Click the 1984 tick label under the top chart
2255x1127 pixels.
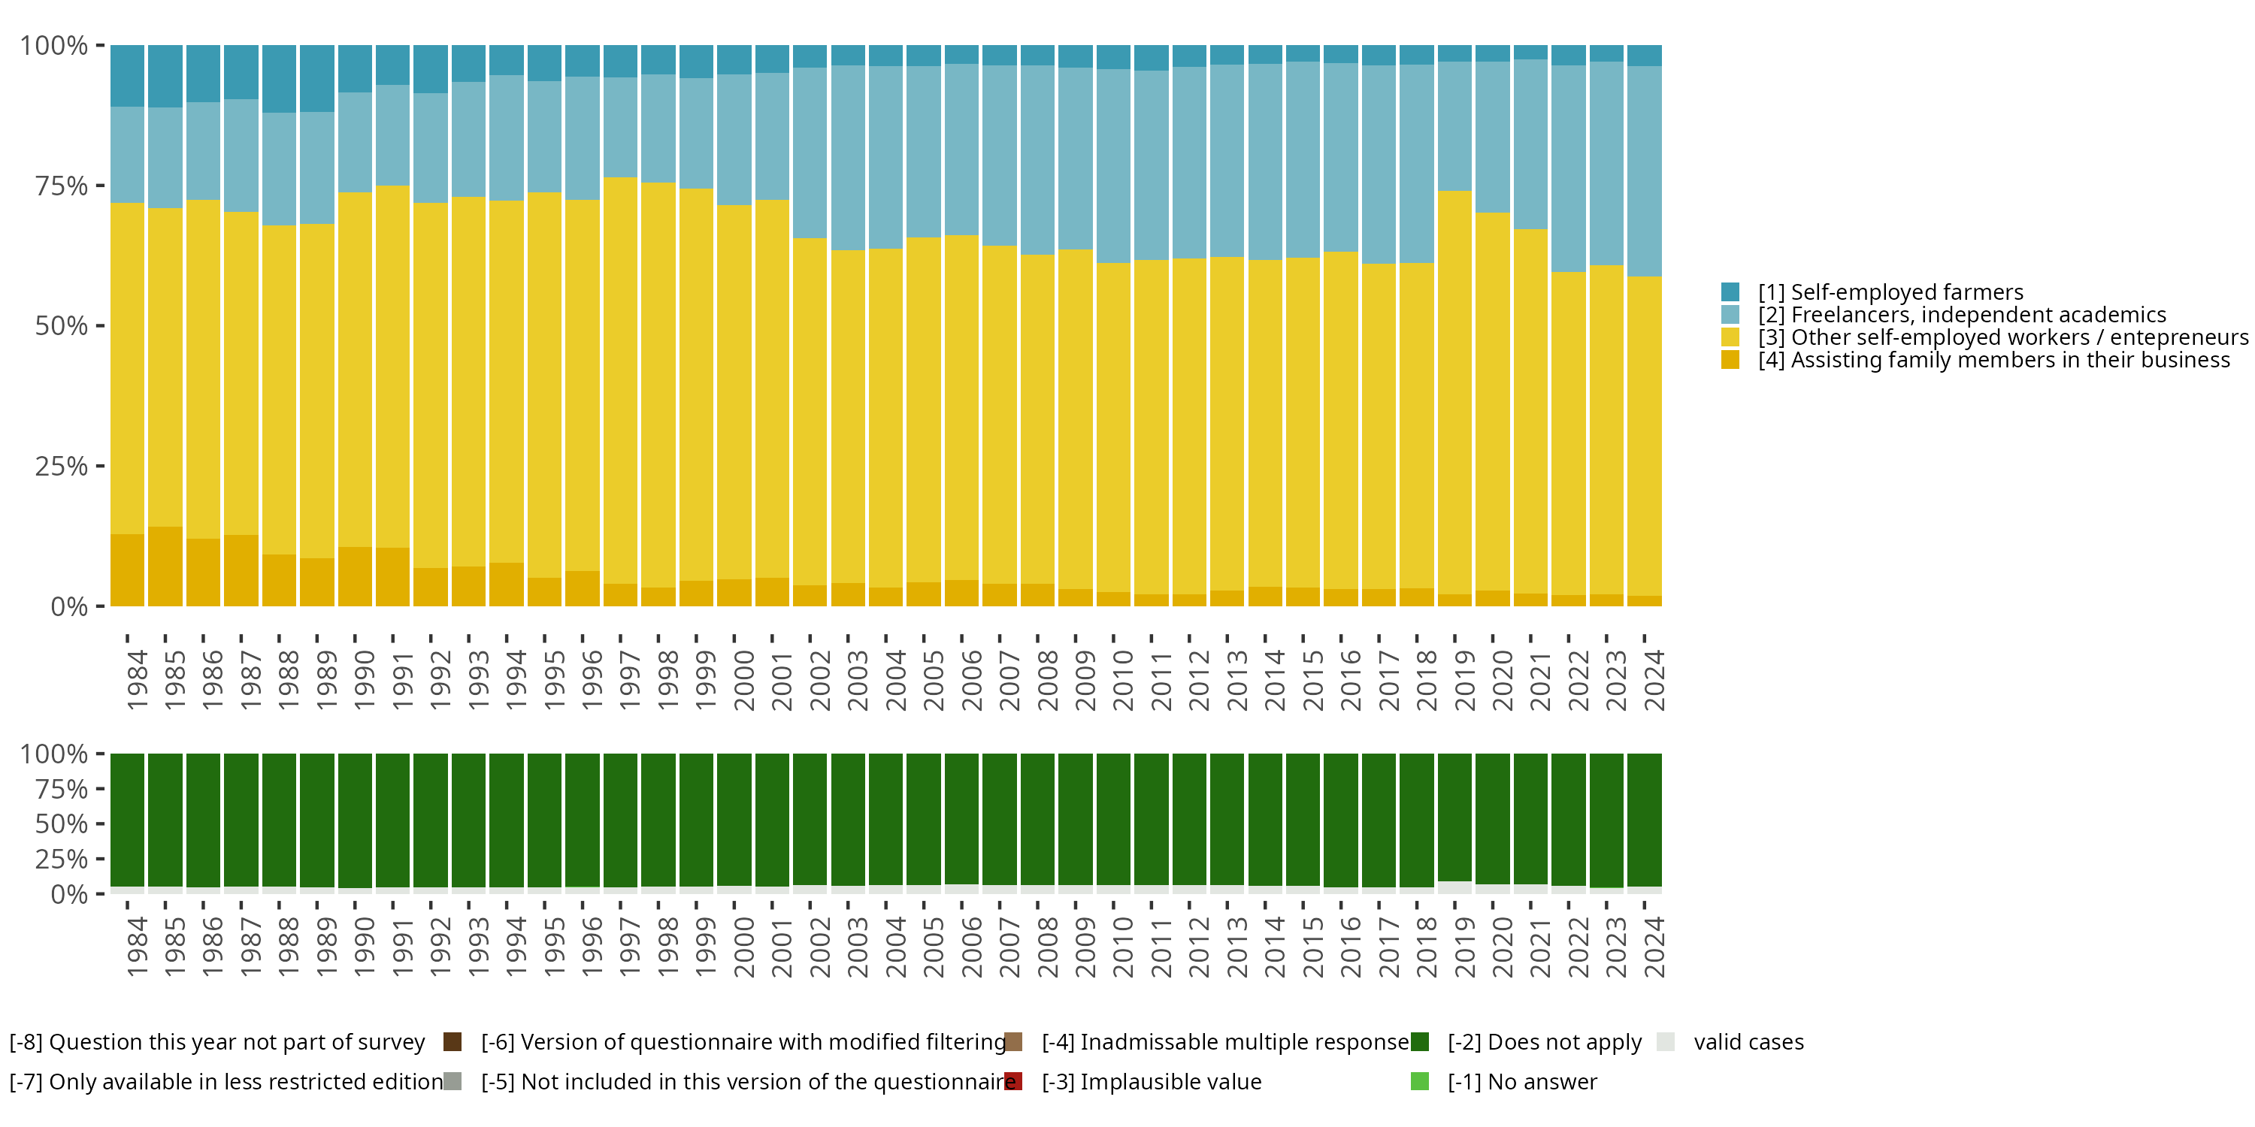click(x=137, y=679)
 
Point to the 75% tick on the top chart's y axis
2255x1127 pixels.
click(x=62, y=186)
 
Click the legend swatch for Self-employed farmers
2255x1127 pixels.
click(x=1730, y=292)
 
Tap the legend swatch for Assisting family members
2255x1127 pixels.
click(x=1730, y=360)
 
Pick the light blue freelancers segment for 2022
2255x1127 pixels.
click(x=1569, y=168)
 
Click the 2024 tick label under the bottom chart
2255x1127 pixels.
click(x=1654, y=947)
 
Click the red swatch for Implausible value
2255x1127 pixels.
click(x=1012, y=1081)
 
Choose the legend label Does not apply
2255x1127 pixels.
click(x=1544, y=1042)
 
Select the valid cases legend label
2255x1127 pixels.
click(x=1748, y=1042)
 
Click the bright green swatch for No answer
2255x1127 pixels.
click(x=1420, y=1081)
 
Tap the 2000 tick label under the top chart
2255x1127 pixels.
click(x=743, y=679)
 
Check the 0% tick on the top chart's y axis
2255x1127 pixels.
click(x=68, y=606)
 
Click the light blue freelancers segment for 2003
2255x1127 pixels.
click(x=848, y=158)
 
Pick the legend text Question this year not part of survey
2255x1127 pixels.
click(x=217, y=1042)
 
